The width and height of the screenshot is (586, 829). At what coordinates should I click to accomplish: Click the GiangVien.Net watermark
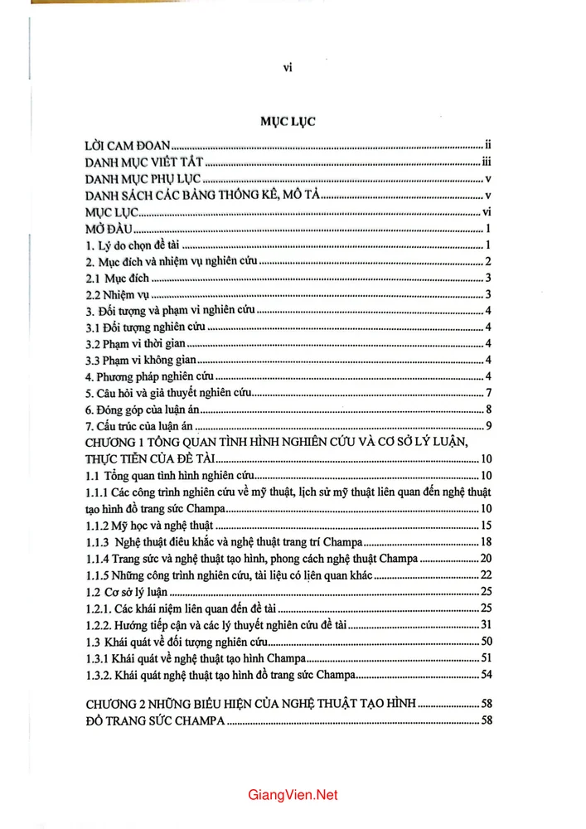point(293,795)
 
